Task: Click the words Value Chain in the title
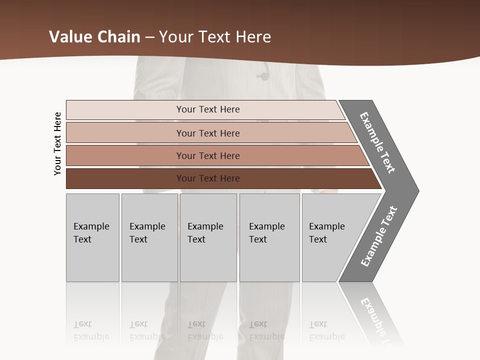click(95, 37)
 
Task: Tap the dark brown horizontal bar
click(125, 178)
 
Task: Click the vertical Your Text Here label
click(57, 143)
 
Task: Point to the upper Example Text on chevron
click(377, 142)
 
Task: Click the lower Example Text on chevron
click(379, 236)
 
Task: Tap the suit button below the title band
click(262, 76)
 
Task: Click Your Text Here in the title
click(215, 37)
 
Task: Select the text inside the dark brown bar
click(208, 178)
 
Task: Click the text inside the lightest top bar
click(208, 109)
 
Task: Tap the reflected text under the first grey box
click(91, 330)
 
